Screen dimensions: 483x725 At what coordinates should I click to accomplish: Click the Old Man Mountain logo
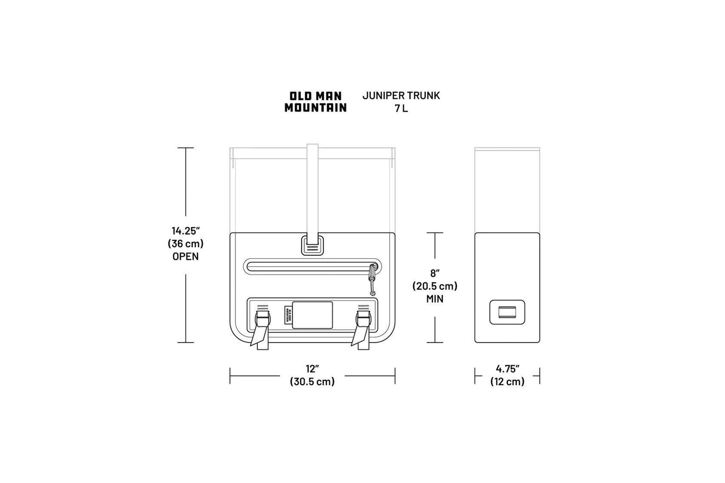click(x=315, y=102)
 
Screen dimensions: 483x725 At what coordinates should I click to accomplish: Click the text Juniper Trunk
click(x=401, y=96)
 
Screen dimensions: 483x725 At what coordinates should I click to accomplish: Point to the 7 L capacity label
click(x=401, y=109)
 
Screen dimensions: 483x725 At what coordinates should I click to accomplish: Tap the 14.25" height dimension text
click(x=185, y=231)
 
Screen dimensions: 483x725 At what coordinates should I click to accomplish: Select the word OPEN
click(x=185, y=256)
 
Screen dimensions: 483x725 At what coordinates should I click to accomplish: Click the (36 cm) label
click(x=185, y=244)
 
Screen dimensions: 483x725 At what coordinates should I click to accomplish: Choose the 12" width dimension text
click(x=312, y=369)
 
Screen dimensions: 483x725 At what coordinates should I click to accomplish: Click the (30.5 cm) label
click(x=312, y=382)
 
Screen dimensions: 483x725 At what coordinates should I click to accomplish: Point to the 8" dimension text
click(x=435, y=273)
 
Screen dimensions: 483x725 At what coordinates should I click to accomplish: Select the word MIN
click(x=435, y=299)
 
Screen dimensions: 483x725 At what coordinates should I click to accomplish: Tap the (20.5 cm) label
click(x=435, y=286)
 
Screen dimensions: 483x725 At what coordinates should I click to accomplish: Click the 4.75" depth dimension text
click(x=507, y=369)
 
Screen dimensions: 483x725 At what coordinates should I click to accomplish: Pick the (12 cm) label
click(x=507, y=382)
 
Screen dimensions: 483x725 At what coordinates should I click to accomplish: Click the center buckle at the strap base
click(x=312, y=245)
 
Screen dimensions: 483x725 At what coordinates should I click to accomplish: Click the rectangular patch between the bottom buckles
click(x=312, y=315)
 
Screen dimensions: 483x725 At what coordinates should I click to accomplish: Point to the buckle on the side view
click(x=507, y=312)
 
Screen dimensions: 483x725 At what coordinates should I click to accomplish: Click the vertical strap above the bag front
click(x=312, y=190)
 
